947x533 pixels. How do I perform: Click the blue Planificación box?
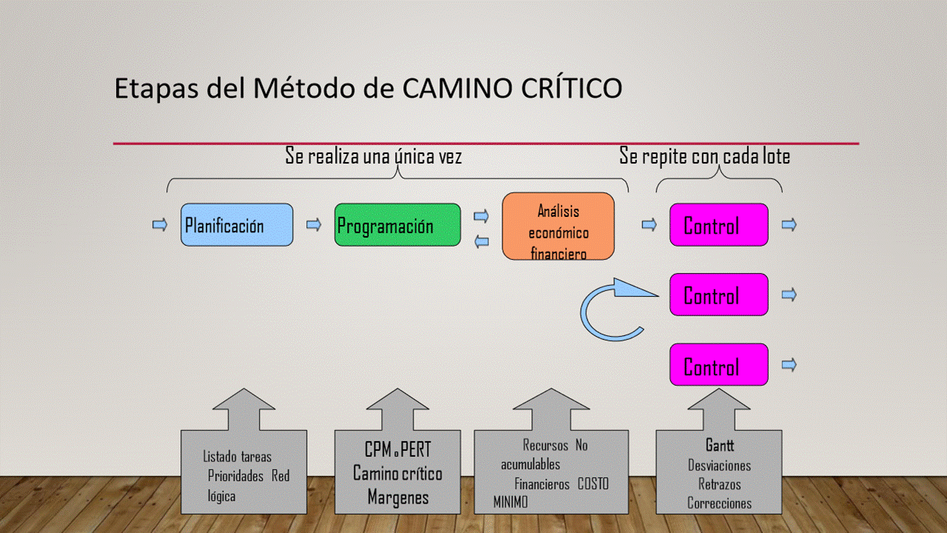click(x=237, y=225)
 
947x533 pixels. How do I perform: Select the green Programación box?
click(x=397, y=225)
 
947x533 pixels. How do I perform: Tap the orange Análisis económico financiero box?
click(x=558, y=227)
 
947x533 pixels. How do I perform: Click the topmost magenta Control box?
click(x=718, y=225)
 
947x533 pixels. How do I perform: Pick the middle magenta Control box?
click(x=718, y=295)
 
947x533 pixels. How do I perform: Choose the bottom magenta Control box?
click(x=718, y=365)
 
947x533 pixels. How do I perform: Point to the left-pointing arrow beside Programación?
click(x=481, y=241)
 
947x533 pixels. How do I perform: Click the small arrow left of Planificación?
click(x=160, y=225)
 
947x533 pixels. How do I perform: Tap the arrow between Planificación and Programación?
click(x=314, y=225)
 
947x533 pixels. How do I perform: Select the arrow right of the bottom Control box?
click(x=789, y=364)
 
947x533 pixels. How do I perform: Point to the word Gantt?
click(x=719, y=446)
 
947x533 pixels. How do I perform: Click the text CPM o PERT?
click(x=397, y=450)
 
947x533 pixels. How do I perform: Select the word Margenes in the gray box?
click(x=398, y=497)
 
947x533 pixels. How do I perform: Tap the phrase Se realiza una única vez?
click(x=374, y=157)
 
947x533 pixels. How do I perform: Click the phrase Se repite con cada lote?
click(x=704, y=157)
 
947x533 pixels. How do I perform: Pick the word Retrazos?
click(x=720, y=484)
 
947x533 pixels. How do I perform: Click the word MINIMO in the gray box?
click(x=511, y=503)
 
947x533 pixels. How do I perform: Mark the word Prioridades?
click(x=236, y=476)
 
